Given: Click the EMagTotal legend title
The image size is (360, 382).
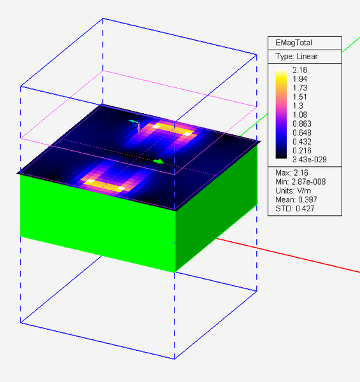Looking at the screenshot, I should pos(294,43).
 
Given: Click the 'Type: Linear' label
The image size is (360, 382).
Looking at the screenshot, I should pos(297,56).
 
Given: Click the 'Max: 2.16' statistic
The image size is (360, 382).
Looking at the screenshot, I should pos(292,173).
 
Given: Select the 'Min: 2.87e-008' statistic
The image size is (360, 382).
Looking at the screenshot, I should pos(303,183).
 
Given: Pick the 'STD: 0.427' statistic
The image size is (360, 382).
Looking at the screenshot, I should pos(294,212).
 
